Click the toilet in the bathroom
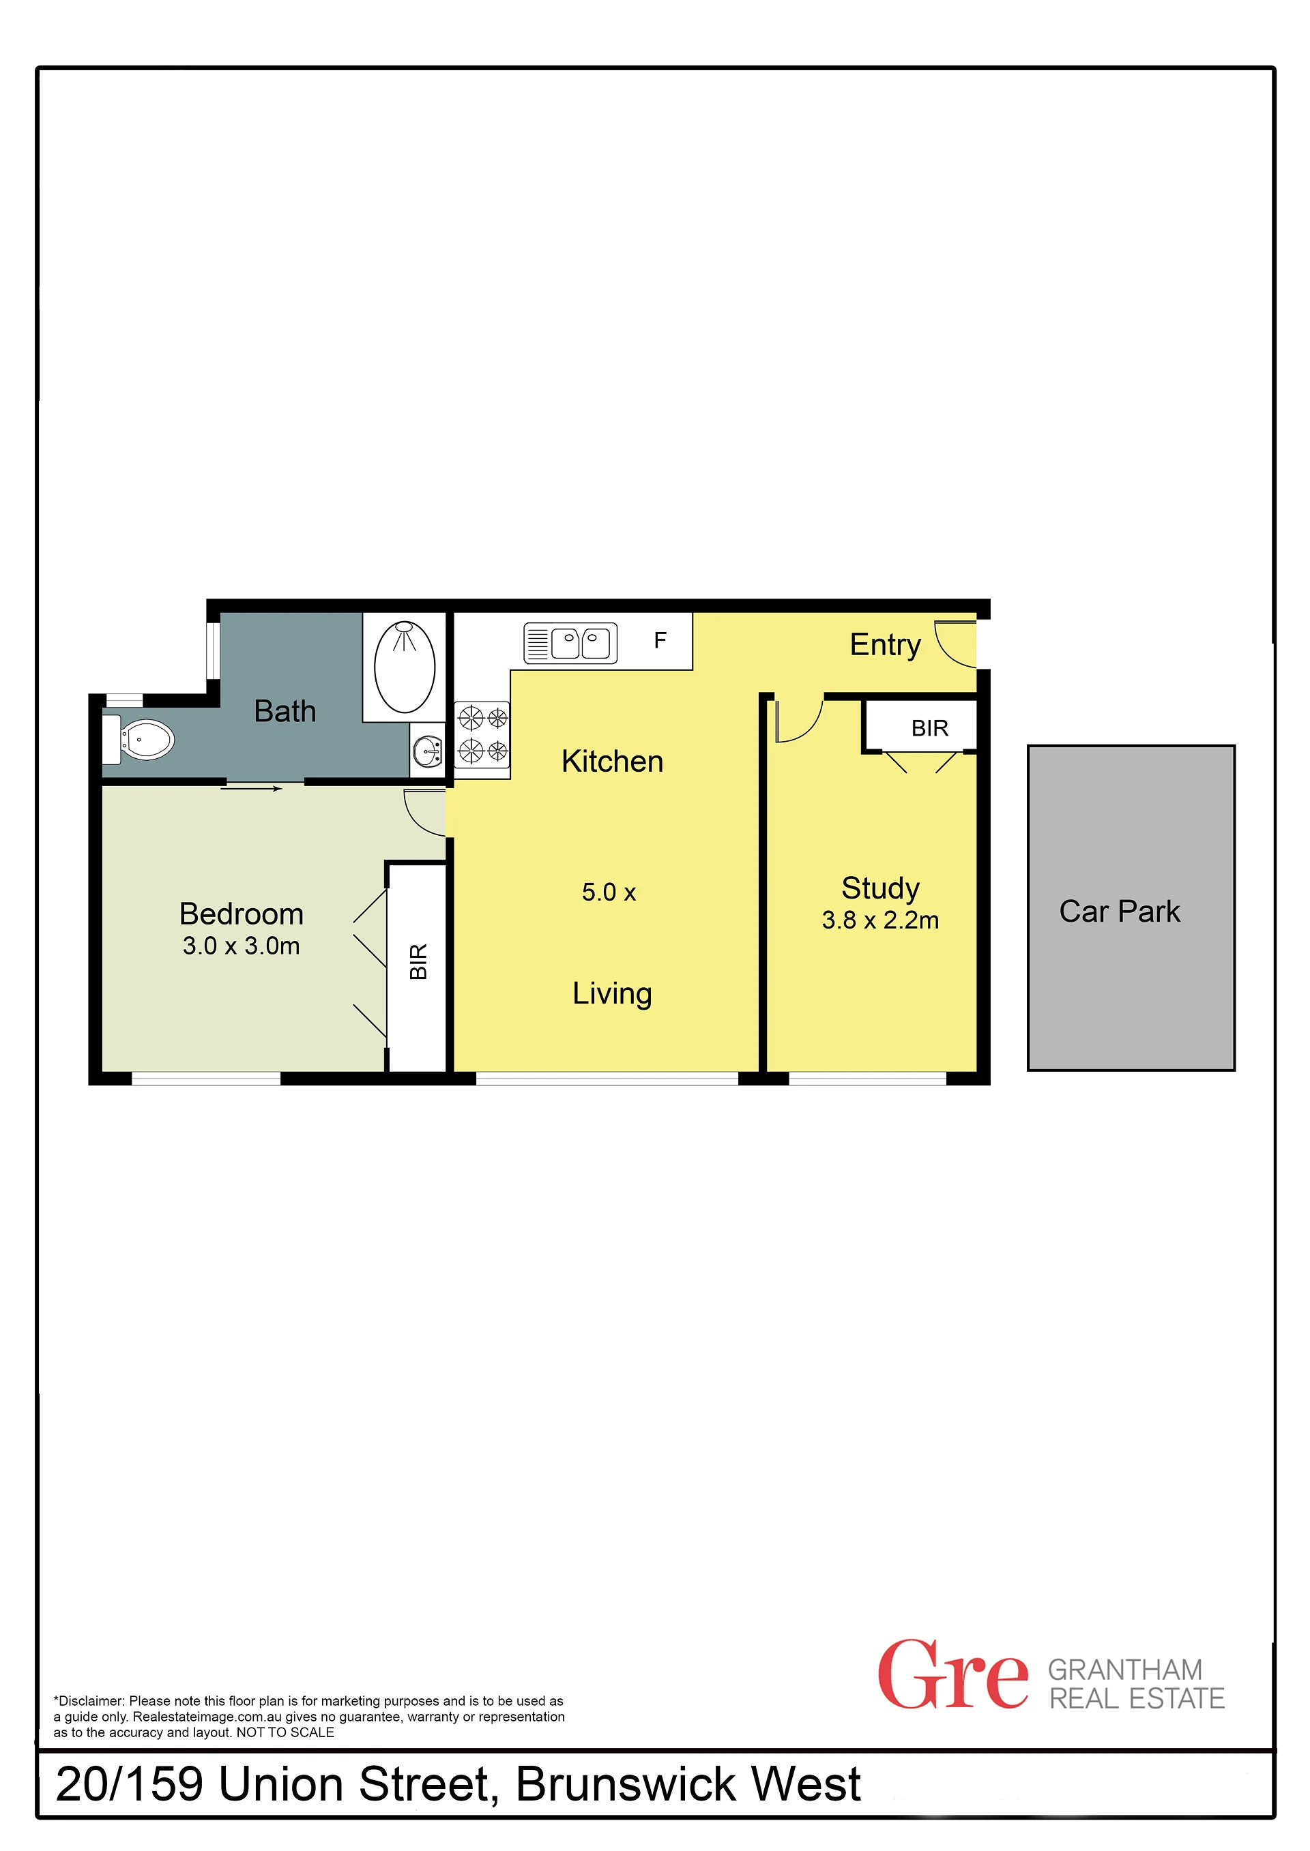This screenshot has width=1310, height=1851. coord(139,738)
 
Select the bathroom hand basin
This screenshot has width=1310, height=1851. coord(428,751)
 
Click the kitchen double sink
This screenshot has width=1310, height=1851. coord(570,644)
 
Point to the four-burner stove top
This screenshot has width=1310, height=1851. coord(482,734)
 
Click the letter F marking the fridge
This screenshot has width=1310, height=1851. coord(660,640)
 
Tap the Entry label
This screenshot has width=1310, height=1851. coord(885,646)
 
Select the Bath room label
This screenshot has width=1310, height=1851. coord(285,711)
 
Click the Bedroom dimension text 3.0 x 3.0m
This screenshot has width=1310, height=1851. coord(241,946)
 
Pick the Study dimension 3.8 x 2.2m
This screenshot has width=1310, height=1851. coord(880,920)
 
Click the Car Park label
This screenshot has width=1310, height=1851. coord(1119,911)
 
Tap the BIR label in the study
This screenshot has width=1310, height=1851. coord(929,728)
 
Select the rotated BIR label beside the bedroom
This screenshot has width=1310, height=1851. coord(418,961)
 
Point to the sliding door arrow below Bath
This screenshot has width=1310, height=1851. coord(251,788)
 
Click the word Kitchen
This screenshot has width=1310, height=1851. coord(612,761)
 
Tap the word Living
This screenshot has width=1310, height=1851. coord(612,994)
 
